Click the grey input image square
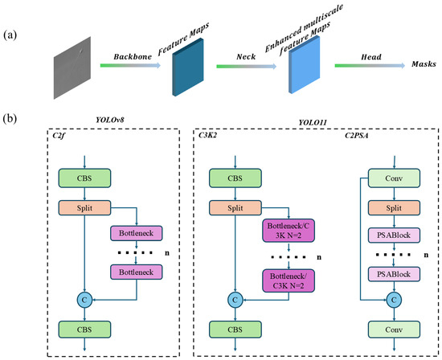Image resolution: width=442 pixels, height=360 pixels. [72, 67]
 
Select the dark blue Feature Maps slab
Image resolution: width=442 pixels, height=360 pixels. [188, 67]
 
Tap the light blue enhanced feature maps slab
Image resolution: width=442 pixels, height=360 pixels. [305, 65]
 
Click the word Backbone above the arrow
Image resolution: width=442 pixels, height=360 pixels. [133, 57]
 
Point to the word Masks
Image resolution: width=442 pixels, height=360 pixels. [424, 64]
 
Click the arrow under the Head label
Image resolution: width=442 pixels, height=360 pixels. [370, 66]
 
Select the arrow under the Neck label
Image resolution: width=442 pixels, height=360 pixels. [247, 66]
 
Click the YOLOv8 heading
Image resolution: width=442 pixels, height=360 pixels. [110, 120]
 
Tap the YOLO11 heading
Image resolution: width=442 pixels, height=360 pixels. [313, 122]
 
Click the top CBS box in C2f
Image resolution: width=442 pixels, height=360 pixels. [84, 178]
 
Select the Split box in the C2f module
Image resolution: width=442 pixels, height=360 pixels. [84, 208]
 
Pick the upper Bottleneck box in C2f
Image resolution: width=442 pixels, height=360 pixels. [136, 233]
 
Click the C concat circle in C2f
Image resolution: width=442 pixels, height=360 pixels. [84, 300]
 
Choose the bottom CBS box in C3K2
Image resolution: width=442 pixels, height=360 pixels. [235, 329]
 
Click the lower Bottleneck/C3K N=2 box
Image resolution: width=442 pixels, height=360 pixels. [289, 280]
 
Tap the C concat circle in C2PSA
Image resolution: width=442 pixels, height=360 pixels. [394, 300]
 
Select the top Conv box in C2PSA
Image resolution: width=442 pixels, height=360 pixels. [394, 178]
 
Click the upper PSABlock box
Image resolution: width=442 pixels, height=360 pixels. [394, 235]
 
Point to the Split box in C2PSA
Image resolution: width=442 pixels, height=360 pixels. [394, 208]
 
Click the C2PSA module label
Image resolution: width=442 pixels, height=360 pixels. [357, 136]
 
